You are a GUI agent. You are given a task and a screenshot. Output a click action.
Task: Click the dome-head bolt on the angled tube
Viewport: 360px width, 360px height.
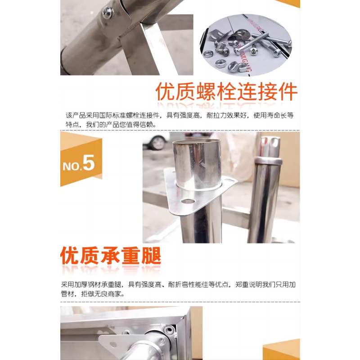tap(108, 13)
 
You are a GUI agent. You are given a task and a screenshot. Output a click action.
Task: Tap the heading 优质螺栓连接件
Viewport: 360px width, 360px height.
tap(226, 92)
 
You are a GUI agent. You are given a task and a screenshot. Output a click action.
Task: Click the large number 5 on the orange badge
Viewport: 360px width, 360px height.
tap(88, 163)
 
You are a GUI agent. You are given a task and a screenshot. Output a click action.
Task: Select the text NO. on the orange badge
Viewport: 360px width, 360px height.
tap(72, 166)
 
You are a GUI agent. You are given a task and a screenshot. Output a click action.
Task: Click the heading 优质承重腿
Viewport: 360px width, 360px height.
tap(111, 256)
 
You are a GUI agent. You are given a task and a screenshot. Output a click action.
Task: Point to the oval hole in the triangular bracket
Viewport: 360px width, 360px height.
tap(188, 202)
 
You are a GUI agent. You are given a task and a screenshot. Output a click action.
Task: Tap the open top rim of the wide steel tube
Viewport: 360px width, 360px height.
tap(197, 141)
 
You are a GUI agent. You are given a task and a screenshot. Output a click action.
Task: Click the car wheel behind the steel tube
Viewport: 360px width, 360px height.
tap(157, 143)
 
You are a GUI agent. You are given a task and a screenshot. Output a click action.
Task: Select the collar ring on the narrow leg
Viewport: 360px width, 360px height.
tap(268, 161)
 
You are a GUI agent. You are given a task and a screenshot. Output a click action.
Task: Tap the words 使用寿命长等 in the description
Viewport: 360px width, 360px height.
tap(274, 115)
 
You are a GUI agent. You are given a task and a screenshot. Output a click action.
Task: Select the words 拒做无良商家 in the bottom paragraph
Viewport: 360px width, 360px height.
tap(101, 294)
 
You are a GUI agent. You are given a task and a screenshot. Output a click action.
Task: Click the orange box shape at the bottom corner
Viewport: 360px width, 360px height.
tap(282, 350)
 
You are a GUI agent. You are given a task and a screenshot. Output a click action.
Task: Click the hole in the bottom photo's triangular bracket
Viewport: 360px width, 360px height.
tap(113, 345)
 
